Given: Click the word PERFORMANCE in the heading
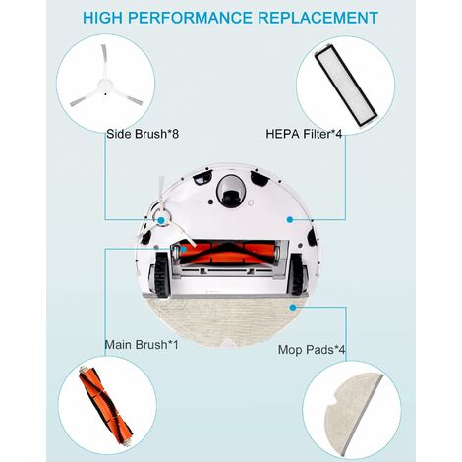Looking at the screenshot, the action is (190, 18).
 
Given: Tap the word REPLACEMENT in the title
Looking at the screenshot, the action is (318, 18).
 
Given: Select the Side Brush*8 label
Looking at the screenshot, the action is (143, 134).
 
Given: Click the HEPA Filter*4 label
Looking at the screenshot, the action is (304, 134).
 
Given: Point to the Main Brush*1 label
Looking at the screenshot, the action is (142, 345).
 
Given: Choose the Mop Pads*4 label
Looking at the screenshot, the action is (312, 350).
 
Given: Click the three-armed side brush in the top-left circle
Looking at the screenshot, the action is (105, 82).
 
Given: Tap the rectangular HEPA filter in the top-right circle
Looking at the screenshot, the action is (346, 85).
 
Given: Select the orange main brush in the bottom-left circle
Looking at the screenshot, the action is (105, 407).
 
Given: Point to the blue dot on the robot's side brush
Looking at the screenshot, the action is (161, 220).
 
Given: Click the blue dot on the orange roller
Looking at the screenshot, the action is (184, 249).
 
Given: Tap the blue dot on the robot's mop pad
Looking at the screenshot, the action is (293, 307).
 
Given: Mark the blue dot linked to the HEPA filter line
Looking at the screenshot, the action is (290, 220).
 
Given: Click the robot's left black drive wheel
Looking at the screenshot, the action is (161, 275).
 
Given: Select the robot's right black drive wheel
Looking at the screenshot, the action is (296, 274).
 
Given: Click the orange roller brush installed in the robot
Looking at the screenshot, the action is (227, 253).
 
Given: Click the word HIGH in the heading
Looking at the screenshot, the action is (102, 18).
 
